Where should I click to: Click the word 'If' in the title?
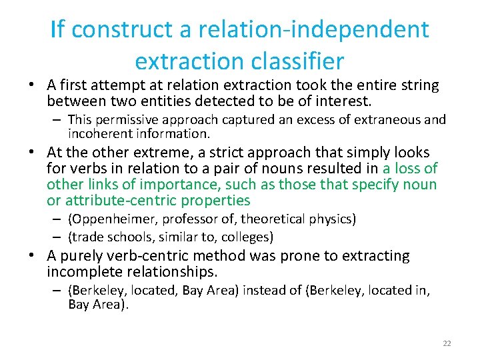(57, 30)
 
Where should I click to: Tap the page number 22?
(447, 343)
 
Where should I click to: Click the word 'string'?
(419, 85)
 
